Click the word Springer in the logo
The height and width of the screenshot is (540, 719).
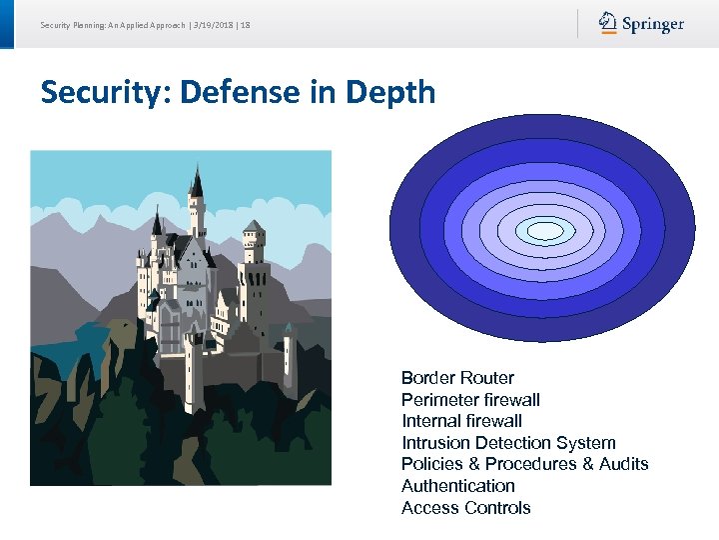pyautogui.click(x=654, y=24)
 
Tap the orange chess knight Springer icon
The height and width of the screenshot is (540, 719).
pyautogui.click(x=608, y=22)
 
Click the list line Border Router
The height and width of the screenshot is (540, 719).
pyautogui.click(x=457, y=378)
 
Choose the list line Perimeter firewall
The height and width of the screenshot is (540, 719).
pyautogui.click(x=470, y=400)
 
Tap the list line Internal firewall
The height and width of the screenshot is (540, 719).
pyautogui.click(x=461, y=421)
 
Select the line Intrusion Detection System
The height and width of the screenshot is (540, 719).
pyautogui.click(x=508, y=443)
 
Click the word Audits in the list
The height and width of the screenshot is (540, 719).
pyautogui.click(x=623, y=464)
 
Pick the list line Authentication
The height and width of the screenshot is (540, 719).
pyautogui.click(x=458, y=486)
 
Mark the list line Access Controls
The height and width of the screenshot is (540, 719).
pyautogui.click(x=465, y=508)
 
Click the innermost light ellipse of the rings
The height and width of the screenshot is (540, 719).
pyautogui.click(x=545, y=231)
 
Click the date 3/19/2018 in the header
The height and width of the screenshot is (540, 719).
pyautogui.click(x=214, y=24)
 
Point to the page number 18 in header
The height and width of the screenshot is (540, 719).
pyautogui.click(x=246, y=24)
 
